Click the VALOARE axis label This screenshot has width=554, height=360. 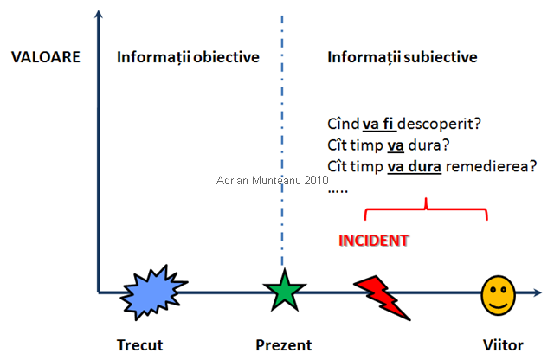coord(46,58)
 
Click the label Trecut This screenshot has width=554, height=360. coord(139,345)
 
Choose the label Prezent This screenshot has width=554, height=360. coord(283,345)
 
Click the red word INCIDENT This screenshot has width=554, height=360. coord(372,239)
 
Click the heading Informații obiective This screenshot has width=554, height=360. coord(188,58)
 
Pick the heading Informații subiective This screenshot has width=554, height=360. coord(403,58)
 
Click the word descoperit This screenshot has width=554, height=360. coord(440,124)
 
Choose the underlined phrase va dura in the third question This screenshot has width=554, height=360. coord(414,166)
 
